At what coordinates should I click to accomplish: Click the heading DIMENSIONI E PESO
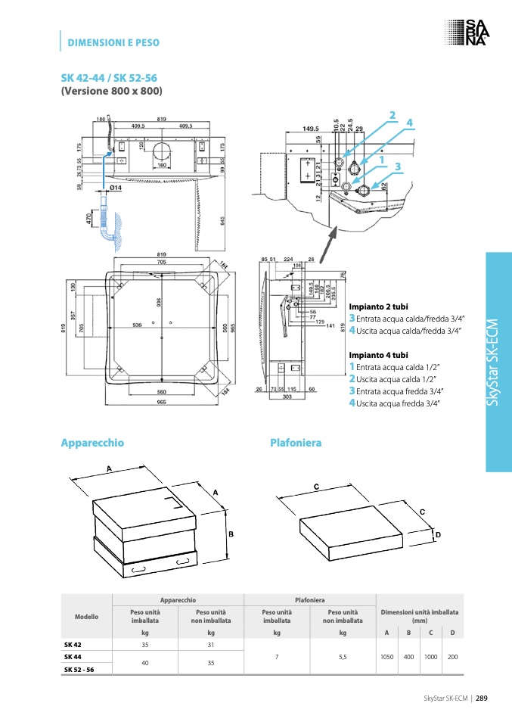(x=113, y=42)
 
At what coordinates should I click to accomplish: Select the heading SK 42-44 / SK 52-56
(x=109, y=78)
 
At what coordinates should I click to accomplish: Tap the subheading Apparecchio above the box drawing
(x=92, y=442)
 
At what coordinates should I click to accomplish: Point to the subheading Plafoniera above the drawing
(x=296, y=442)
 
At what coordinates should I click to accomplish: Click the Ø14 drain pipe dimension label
(x=116, y=187)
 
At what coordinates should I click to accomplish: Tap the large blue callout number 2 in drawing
(x=393, y=115)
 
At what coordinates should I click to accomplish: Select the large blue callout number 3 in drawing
(x=397, y=166)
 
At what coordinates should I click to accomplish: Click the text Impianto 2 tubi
(x=378, y=306)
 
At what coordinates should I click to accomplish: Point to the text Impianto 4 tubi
(x=378, y=354)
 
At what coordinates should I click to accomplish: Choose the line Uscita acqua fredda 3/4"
(x=399, y=403)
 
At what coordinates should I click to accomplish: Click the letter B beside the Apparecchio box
(x=231, y=534)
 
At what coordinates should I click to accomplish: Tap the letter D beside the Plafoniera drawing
(x=437, y=535)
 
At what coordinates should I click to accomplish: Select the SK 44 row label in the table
(x=73, y=657)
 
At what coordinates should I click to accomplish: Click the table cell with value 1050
(x=386, y=657)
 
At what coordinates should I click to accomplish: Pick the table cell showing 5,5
(x=343, y=657)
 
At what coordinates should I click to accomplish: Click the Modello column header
(x=86, y=617)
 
